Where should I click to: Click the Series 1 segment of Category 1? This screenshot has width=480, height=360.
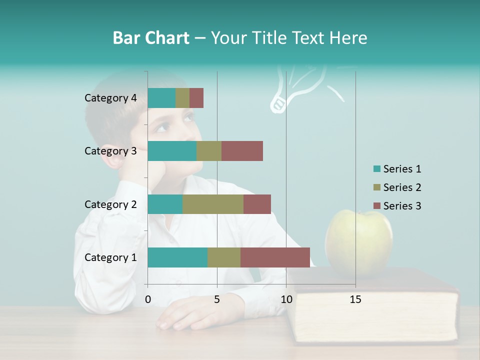coord(177,257)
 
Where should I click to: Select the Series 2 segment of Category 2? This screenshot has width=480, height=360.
coord(213,204)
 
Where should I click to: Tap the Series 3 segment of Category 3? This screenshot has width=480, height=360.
coord(242,151)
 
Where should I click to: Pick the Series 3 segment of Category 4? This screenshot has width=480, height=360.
coord(196,98)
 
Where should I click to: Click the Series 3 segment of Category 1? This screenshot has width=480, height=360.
coord(275,257)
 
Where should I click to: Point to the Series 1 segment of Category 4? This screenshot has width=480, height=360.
coord(161,98)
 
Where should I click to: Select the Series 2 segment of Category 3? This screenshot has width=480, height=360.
coord(209,151)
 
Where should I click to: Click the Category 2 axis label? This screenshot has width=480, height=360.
coord(110,204)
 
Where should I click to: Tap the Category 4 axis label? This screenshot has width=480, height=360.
coord(110,98)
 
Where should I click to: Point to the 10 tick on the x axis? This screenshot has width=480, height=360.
coord(286,299)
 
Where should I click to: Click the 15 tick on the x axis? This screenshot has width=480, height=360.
coord(355,299)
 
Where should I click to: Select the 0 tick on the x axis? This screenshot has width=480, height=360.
coord(148,299)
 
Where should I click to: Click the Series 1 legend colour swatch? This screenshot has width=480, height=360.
coord(376,169)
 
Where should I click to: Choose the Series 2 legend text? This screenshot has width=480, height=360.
coord(402,187)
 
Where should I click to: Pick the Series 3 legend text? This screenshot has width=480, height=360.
coord(402,206)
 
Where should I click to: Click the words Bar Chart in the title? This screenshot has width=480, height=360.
coord(150,38)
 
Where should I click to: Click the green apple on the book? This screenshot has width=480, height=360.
coord(358,242)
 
